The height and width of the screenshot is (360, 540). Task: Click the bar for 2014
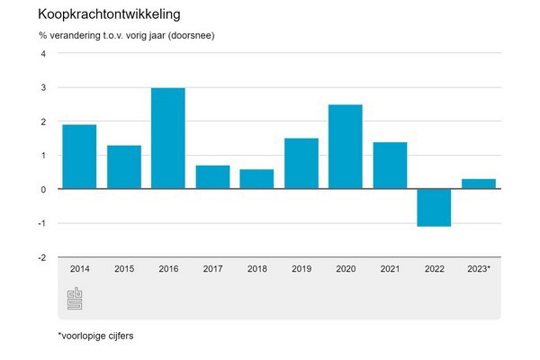[79, 157]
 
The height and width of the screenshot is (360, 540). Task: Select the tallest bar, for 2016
[168, 139]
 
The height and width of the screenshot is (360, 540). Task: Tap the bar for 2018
[256, 179]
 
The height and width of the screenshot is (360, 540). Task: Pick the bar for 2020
[346, 147]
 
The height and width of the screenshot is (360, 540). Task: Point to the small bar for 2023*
[479, 184]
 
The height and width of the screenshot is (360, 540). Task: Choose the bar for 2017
[212, 177]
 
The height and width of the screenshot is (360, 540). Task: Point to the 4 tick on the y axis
[42, 53]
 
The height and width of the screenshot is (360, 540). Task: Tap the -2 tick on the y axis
[40, 257]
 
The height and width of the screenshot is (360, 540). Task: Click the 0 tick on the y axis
[42, 189]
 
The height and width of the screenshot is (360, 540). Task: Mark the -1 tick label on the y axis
[40, 223]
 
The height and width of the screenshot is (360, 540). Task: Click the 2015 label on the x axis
[123, 268]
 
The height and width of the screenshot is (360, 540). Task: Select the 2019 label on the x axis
[301, 268]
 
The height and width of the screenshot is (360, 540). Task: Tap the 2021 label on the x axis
[390, 268]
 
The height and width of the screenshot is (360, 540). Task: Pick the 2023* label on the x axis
[479, 268]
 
